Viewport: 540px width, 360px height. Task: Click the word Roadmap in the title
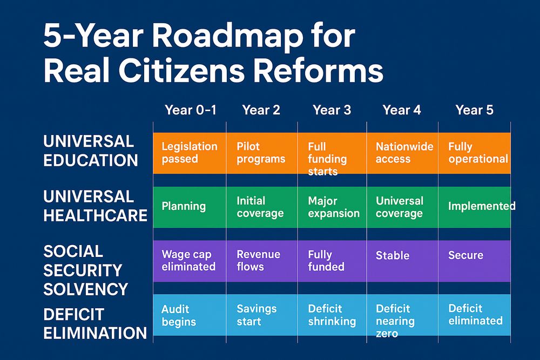point(226,36)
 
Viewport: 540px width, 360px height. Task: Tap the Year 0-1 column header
point(191,110)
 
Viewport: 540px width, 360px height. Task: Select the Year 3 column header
point(332,110)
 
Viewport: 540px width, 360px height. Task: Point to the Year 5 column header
point(474,110)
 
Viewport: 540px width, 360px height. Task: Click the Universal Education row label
point(91,151)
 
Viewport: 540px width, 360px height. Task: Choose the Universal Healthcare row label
point(96,206)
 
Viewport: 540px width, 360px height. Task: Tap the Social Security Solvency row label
point(86,270)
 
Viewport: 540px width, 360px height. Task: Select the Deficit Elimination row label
point(95,323)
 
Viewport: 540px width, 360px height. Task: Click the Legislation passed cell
point(190,153)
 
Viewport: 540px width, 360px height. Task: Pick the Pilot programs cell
point(262,153)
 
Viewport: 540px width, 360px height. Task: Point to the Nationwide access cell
point(402,153)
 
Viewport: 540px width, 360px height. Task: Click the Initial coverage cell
point(262,207)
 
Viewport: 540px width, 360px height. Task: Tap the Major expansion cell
point(332,207)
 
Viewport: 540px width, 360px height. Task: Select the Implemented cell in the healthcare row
point(475,207)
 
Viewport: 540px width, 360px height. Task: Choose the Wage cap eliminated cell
point(190,261)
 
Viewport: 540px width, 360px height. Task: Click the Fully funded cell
point(332,261)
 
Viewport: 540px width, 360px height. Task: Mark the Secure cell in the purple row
point(475,261)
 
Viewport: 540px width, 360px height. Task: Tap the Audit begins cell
point(190,315)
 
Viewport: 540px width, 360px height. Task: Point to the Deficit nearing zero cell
point(402,315)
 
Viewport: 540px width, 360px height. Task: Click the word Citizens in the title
point(181,71)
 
